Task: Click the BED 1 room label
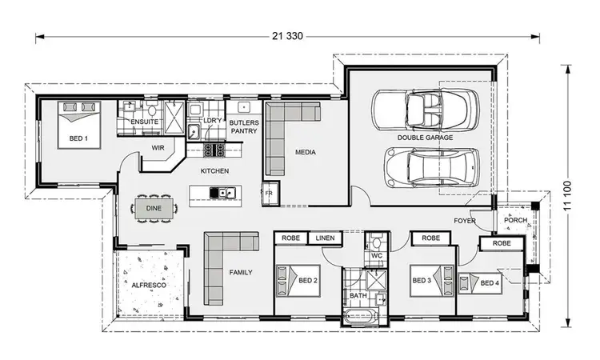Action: [78, 138]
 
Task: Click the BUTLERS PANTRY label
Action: [243, 126]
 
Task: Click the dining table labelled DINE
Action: [154, 209]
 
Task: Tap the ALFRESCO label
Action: [144, 284]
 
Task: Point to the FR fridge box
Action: [270, 194]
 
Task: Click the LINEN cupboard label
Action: [324, 238]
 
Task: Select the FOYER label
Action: [465, 220]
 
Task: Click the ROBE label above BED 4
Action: [502, 243]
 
